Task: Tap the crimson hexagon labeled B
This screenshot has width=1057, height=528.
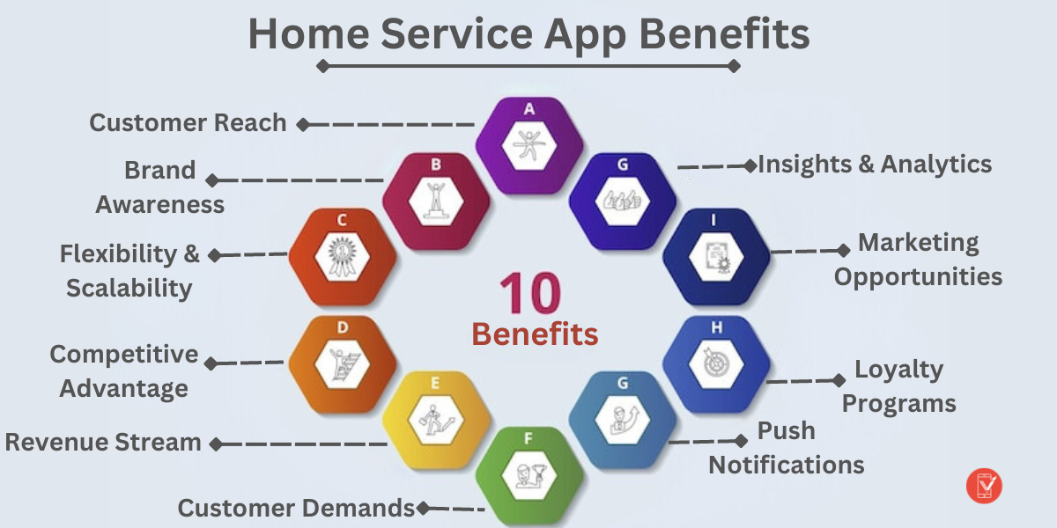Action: (x=436, y=202)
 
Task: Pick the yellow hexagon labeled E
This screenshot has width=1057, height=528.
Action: (x=436, y=421)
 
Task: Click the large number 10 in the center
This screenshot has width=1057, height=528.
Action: (x=530, y=294)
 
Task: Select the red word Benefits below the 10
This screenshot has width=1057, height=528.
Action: (x=535, y=334)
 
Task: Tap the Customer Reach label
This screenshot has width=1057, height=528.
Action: (x=188, y=123)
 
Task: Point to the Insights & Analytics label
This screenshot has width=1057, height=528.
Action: (x=875, y=164)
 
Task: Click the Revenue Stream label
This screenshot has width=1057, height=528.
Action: (x=103, y=442)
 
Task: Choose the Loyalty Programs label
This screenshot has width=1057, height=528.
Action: (x=898, y=386)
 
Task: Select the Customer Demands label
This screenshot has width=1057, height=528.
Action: (x=296, y=508)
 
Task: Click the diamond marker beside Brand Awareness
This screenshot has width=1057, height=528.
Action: (x=212, y=180)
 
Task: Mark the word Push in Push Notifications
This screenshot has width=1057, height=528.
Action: (x=787, y=431)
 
